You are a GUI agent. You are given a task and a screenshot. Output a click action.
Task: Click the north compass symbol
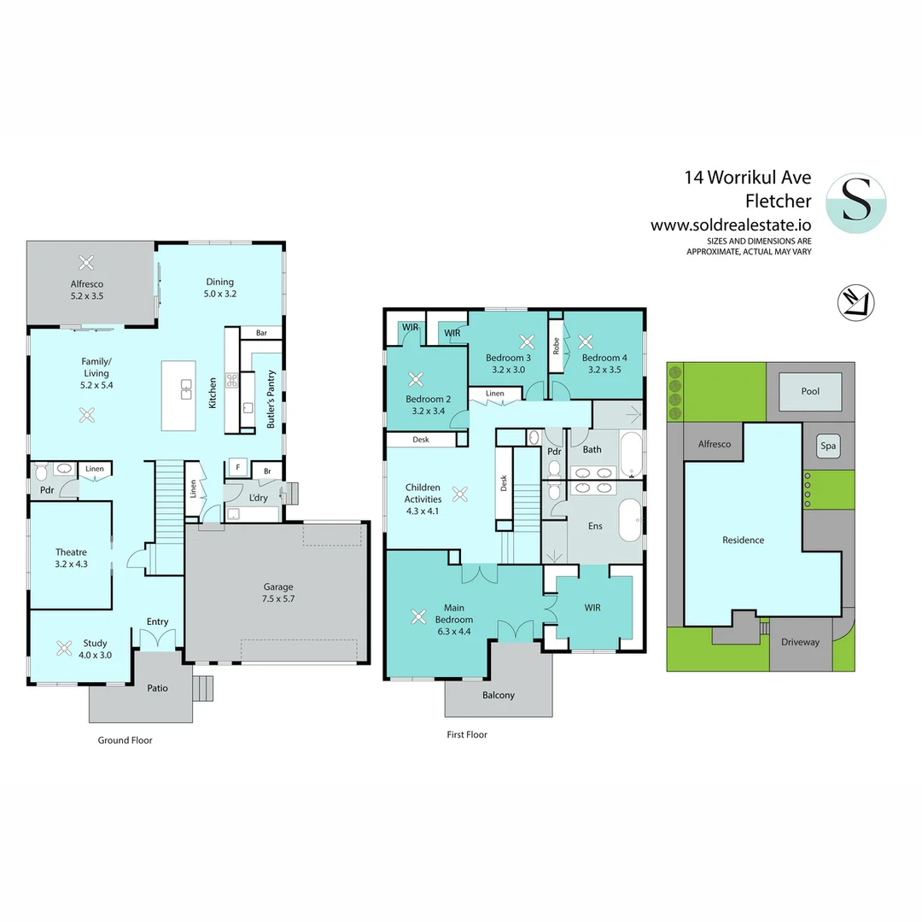[x=855, y=303]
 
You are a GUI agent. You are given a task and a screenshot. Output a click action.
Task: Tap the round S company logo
[x=856, y=203]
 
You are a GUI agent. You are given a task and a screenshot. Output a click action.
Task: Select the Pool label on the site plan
[x=810, y=391]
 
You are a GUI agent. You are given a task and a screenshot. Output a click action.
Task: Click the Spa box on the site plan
[x=828, y=446]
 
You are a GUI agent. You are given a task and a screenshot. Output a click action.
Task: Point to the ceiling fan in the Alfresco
[x=86, y=262]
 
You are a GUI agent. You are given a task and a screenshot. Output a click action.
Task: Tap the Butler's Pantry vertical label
[x=271, y=399]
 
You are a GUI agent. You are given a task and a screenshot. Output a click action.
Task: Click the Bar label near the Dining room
[x=262, y=333]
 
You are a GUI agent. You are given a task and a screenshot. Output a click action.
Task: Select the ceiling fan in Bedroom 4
[x=585, y=341]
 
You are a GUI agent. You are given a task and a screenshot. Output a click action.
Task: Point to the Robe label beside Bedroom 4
[x=556, y=346]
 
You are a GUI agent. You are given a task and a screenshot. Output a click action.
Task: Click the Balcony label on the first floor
[x=498, y=695]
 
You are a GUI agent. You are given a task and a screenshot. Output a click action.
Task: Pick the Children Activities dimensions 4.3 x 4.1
[x=423, y=511]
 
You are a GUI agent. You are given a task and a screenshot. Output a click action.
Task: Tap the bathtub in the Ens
[x=630, y=521]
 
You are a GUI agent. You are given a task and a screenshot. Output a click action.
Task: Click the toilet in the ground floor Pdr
[x=41, y=471]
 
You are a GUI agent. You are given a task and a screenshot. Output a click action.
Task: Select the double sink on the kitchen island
[x=186, y=389]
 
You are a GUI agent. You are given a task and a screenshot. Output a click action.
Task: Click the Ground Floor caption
[x=125, y=740]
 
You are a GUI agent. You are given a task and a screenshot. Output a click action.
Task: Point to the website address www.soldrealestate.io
[x=731, y=225]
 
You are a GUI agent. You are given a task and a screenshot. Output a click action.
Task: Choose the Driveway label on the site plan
[x=800, y=642]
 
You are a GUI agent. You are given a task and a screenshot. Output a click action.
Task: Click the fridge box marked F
[x=237, y=468]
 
